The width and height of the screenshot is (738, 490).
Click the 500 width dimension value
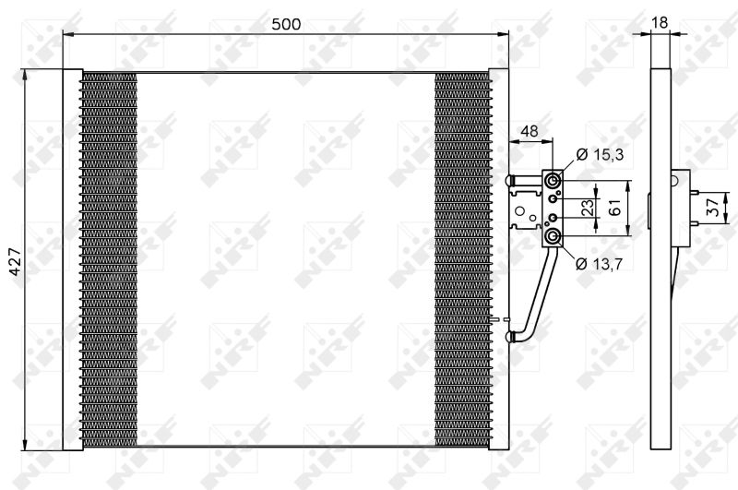[286, 24]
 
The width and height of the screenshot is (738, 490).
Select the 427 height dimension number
[15, 261]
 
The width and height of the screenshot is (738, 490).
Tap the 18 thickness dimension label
[660, 22]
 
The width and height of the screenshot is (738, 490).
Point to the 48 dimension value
[530, 131]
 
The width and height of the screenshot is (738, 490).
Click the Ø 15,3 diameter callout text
[600, 154]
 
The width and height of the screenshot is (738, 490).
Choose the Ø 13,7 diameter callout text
[599, 264]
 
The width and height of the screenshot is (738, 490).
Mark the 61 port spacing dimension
[614, 208]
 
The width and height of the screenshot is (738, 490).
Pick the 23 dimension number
[588, 208]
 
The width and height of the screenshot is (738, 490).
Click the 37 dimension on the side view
[713, 207]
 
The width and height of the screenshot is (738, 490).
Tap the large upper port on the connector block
[553, 180]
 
